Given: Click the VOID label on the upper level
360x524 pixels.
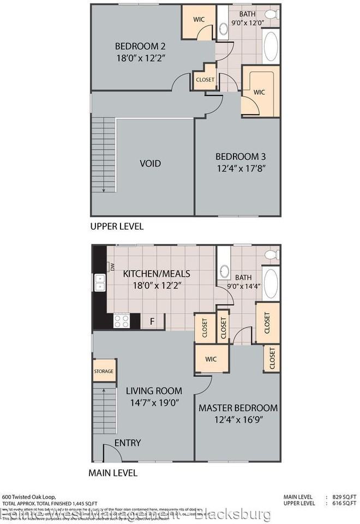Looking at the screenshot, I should tap(150, 163).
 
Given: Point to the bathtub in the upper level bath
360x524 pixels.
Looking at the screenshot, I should tap(271, 46).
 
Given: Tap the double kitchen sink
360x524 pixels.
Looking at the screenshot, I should tap(100, 282).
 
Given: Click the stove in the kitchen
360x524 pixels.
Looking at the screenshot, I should tap(121, 321).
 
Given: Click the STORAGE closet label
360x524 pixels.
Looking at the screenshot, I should tap(104, 371).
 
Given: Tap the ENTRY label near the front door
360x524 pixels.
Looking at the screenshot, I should tap(128, 443).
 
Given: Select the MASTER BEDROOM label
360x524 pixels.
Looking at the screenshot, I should tap(238, 408).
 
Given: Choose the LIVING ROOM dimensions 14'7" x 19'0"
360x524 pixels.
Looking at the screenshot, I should tap(154, 403).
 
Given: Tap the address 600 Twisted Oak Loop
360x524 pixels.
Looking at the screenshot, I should tap(27, 496).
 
